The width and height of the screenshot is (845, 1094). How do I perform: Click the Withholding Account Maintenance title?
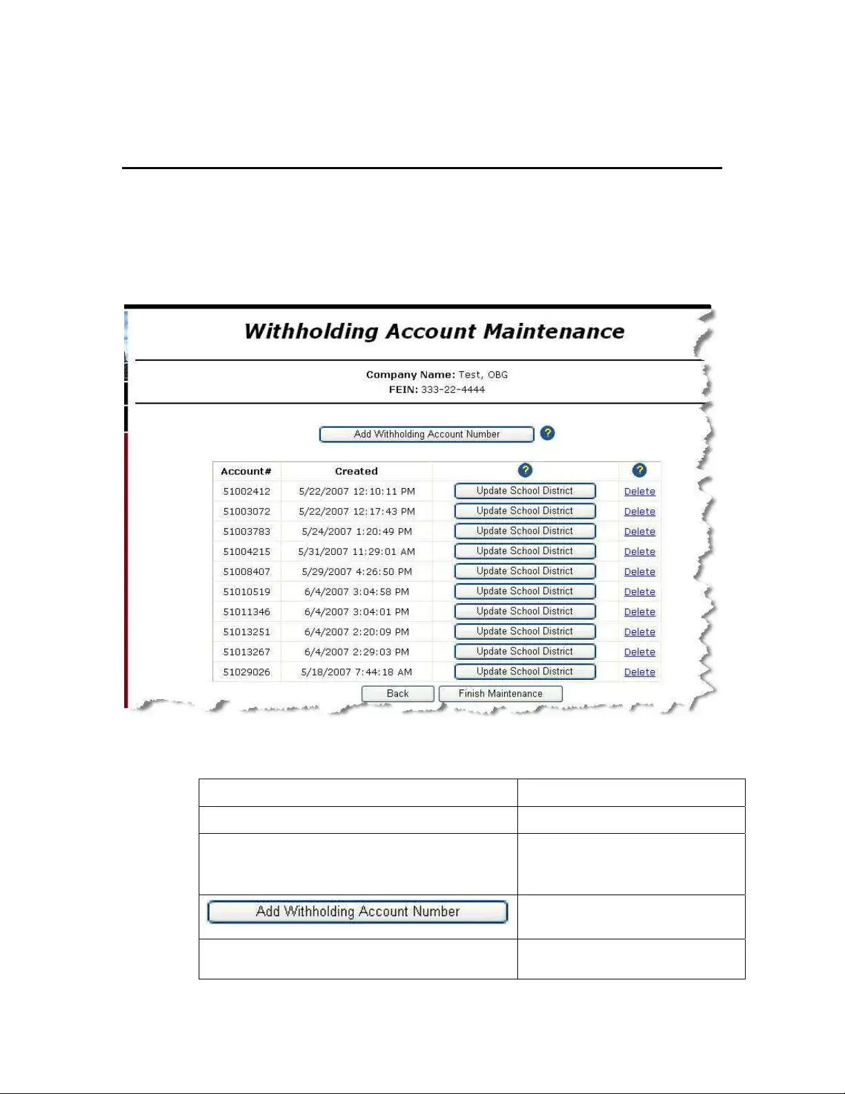tap(434, 331)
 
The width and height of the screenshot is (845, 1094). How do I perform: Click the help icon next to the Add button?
tap(547, 433)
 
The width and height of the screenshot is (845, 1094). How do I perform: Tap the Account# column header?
tap(246, 471)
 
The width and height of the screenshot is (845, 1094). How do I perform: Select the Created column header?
tap(356, 471)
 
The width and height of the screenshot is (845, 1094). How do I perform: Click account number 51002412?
tap(246, 491)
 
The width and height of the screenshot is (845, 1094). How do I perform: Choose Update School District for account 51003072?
tap(524, 511)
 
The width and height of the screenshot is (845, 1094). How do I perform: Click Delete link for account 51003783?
tap(639, 531)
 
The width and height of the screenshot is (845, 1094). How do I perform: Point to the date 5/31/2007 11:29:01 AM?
tap(357, 551)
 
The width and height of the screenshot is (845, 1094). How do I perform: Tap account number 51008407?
tap(246, 572)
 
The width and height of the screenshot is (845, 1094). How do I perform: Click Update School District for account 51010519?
tap(524, 591)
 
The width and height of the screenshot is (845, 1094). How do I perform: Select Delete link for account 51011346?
tap(639, 612)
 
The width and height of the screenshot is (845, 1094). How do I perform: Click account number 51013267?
tap(246, 652)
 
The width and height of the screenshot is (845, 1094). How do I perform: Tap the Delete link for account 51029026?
tap(639, 672)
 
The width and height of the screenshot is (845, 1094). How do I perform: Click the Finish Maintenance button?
tap(500, 694)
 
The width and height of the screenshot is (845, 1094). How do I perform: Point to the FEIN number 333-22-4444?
tap(453, 389)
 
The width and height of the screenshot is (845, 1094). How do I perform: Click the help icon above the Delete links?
tap(639, 470)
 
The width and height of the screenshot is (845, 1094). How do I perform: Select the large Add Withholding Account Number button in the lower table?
tap(357, 911)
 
